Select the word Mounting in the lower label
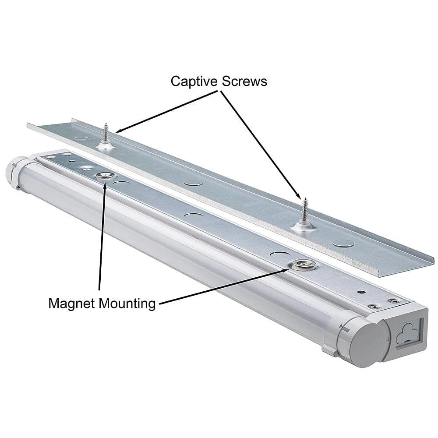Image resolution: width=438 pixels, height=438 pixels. [x=127, y=303]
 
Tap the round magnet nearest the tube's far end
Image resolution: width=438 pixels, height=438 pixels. [x=104, y=176]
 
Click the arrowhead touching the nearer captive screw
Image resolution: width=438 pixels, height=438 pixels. [x=119, y=131]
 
